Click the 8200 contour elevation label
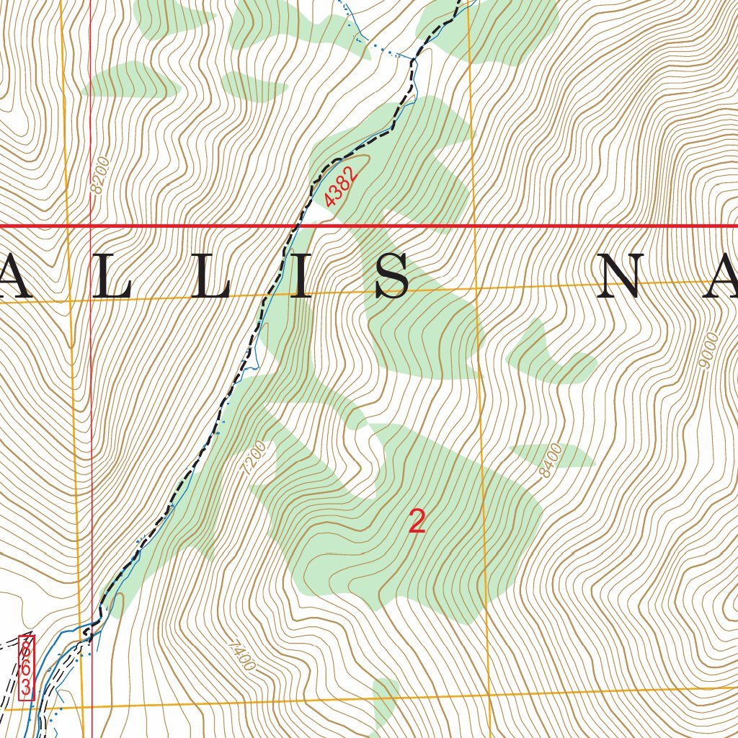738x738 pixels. (x=99, y=174)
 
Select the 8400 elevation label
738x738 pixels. (x=550, y=461)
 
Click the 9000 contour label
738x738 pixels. (x=708, y=350)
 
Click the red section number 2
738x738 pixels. (x=417, y=521)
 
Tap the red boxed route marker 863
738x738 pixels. (x=26, y=667)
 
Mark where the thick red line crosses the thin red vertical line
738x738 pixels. (x=91, y=226)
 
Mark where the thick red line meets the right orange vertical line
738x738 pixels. (x=474, y=226)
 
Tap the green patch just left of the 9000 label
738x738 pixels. (x=551, y=357)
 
